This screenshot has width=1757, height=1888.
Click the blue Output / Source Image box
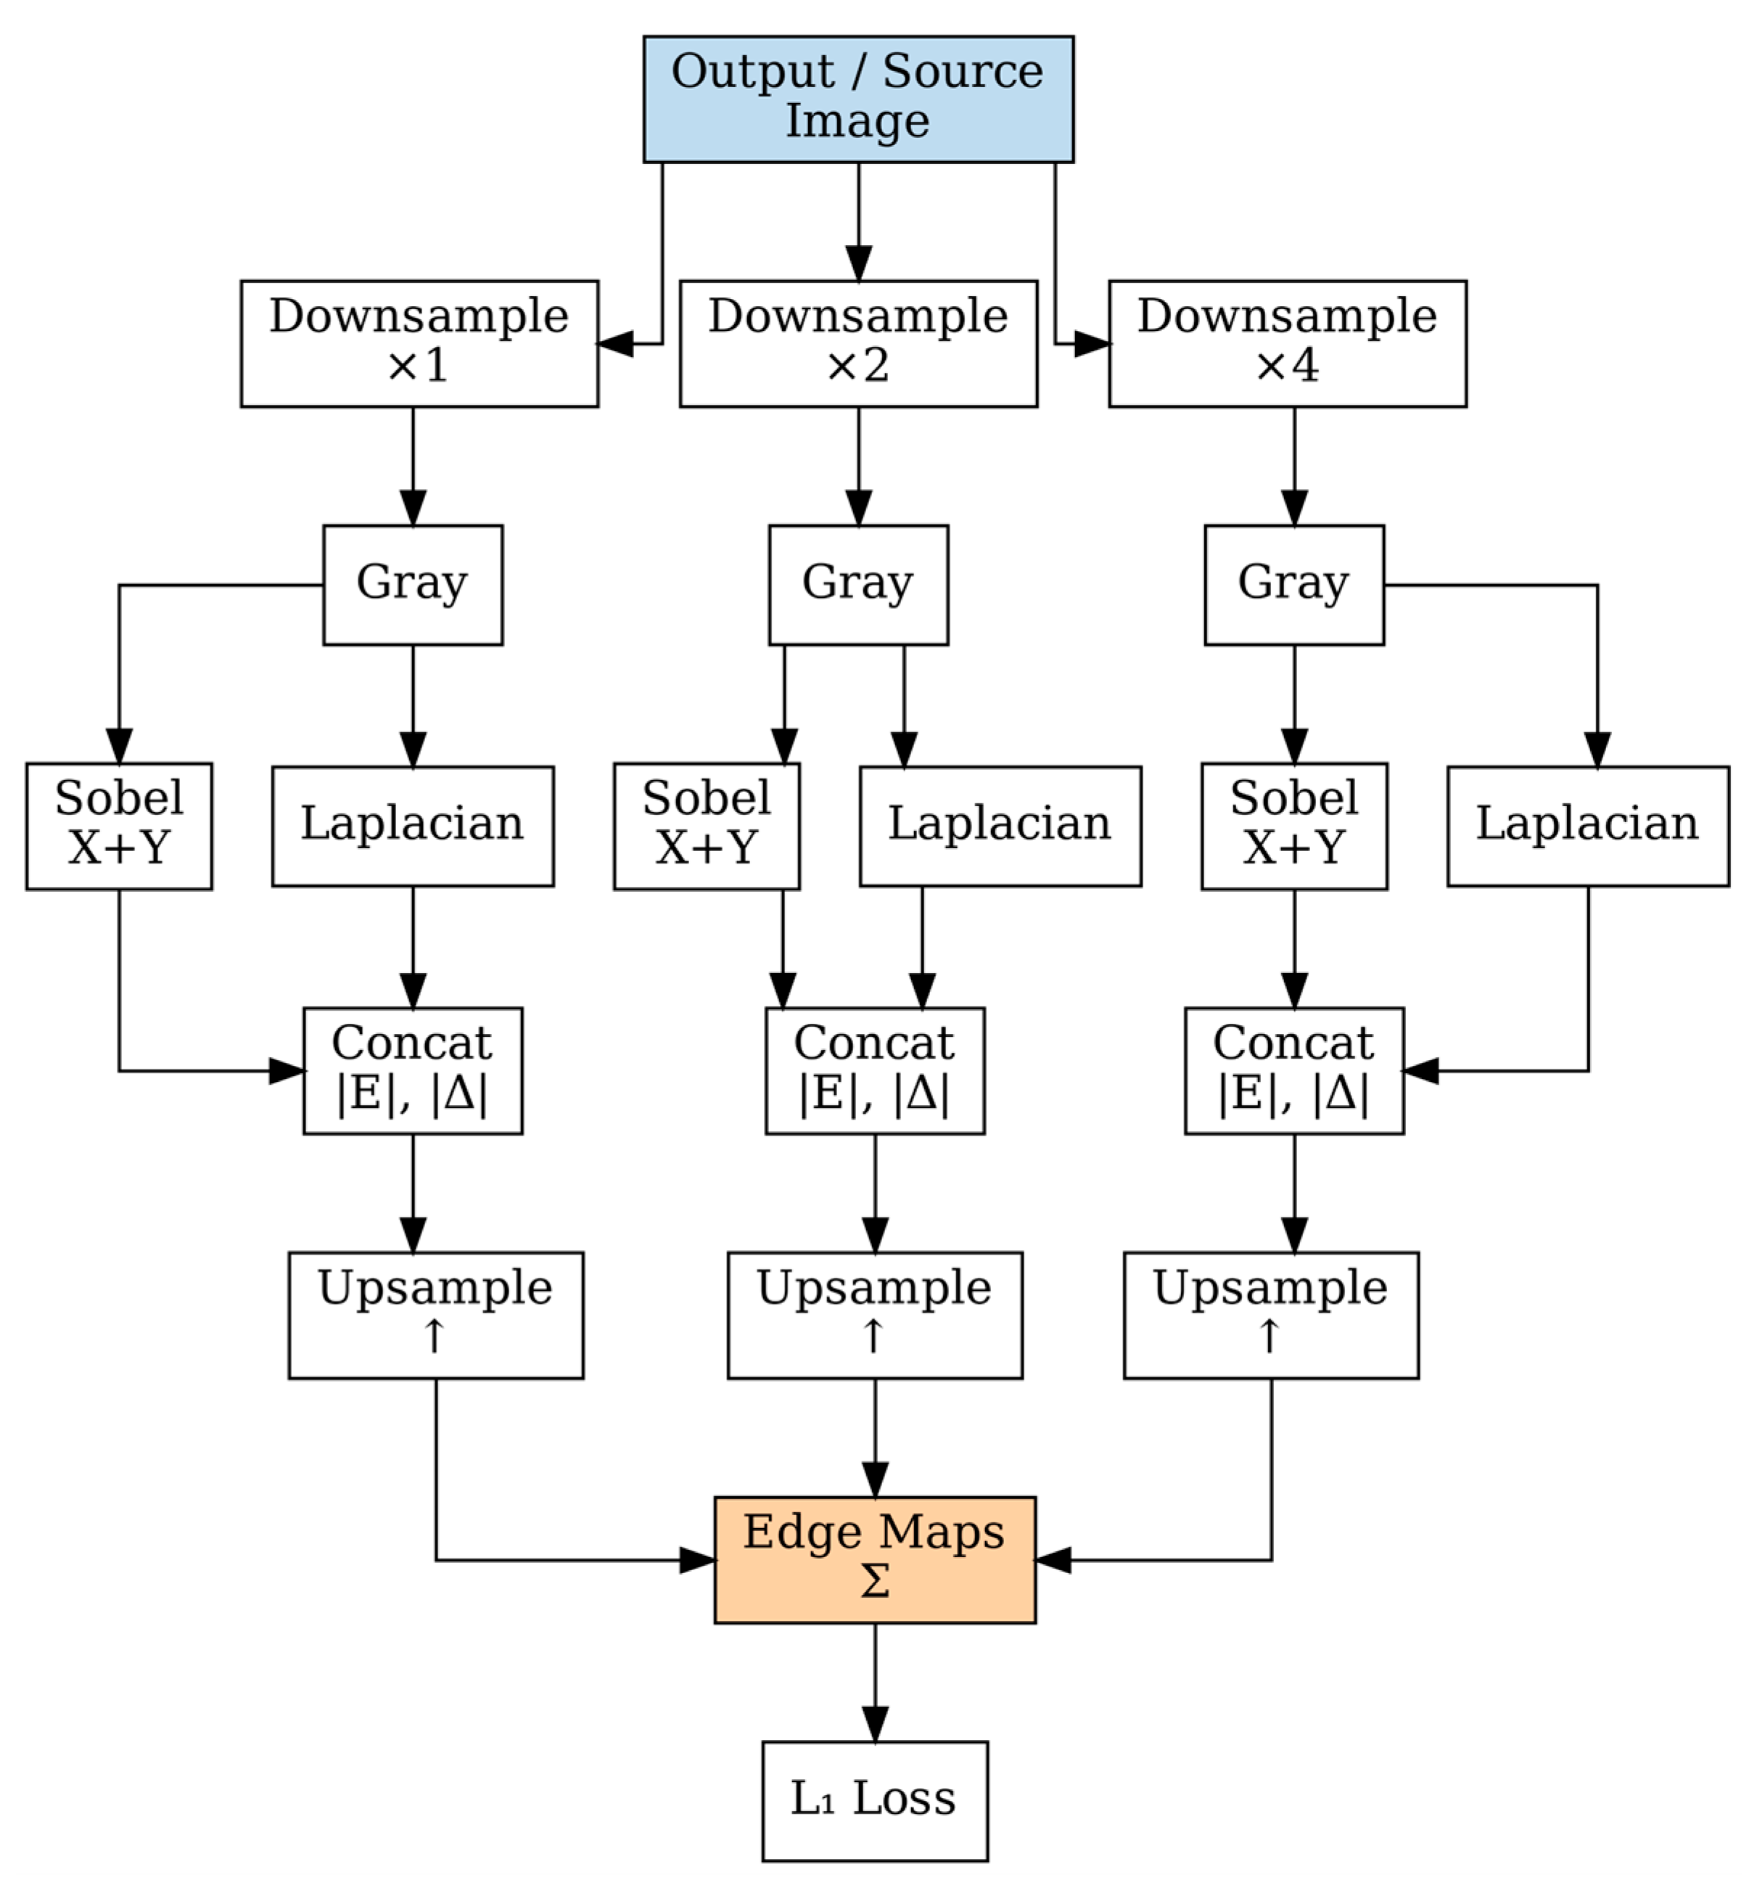[x=857, y=99]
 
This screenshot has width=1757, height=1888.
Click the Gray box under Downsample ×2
[x=857, y=584]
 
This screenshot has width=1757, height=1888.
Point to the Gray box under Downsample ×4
[x=1293, y=584]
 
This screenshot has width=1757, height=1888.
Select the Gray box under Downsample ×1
[x=412, y=584]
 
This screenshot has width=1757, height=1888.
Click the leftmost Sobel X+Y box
[x=119, y=825]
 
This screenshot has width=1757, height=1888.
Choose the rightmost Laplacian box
[x=1587, y=825]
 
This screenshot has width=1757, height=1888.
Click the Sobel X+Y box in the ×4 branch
[x=1293, y=825]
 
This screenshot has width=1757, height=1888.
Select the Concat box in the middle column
[x=873, y=1070]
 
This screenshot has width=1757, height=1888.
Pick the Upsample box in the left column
[x=435, y=1314]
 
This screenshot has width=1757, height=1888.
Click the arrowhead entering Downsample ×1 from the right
[x=615, y=344]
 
